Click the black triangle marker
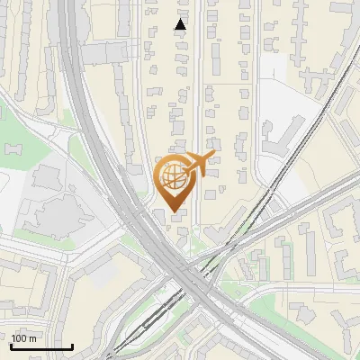tap(181, 24)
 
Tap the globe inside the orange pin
tap(172, 175)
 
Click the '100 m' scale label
tap(24, 338)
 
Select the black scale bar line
tap(41, 346)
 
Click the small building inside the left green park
tap(13, 147)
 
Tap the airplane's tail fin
tap(211, 158)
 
